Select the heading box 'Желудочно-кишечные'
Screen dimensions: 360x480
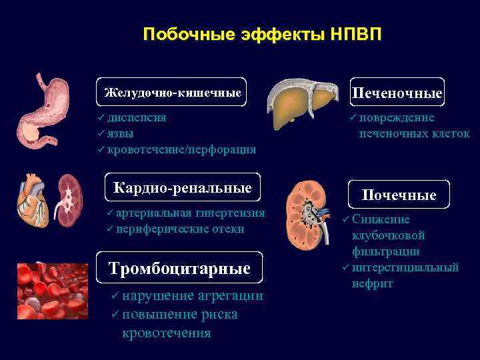(x=173, y=92)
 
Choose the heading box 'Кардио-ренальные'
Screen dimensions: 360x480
(x=183, y=188)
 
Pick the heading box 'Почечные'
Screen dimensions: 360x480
(x=399, y=195)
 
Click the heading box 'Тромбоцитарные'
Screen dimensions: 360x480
(x=179, y=268)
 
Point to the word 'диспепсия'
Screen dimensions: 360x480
(x=137, y=117)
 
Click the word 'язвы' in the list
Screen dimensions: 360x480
(x=120, y=133)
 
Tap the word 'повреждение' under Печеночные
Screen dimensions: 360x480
(x=397, y=117)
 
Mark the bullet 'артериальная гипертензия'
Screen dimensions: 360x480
(x=190, y=213)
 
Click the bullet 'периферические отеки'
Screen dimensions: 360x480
(x=179, y=229)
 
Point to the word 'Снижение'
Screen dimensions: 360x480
(x=381, y=219)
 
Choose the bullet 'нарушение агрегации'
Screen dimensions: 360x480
(x=193, y=296)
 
